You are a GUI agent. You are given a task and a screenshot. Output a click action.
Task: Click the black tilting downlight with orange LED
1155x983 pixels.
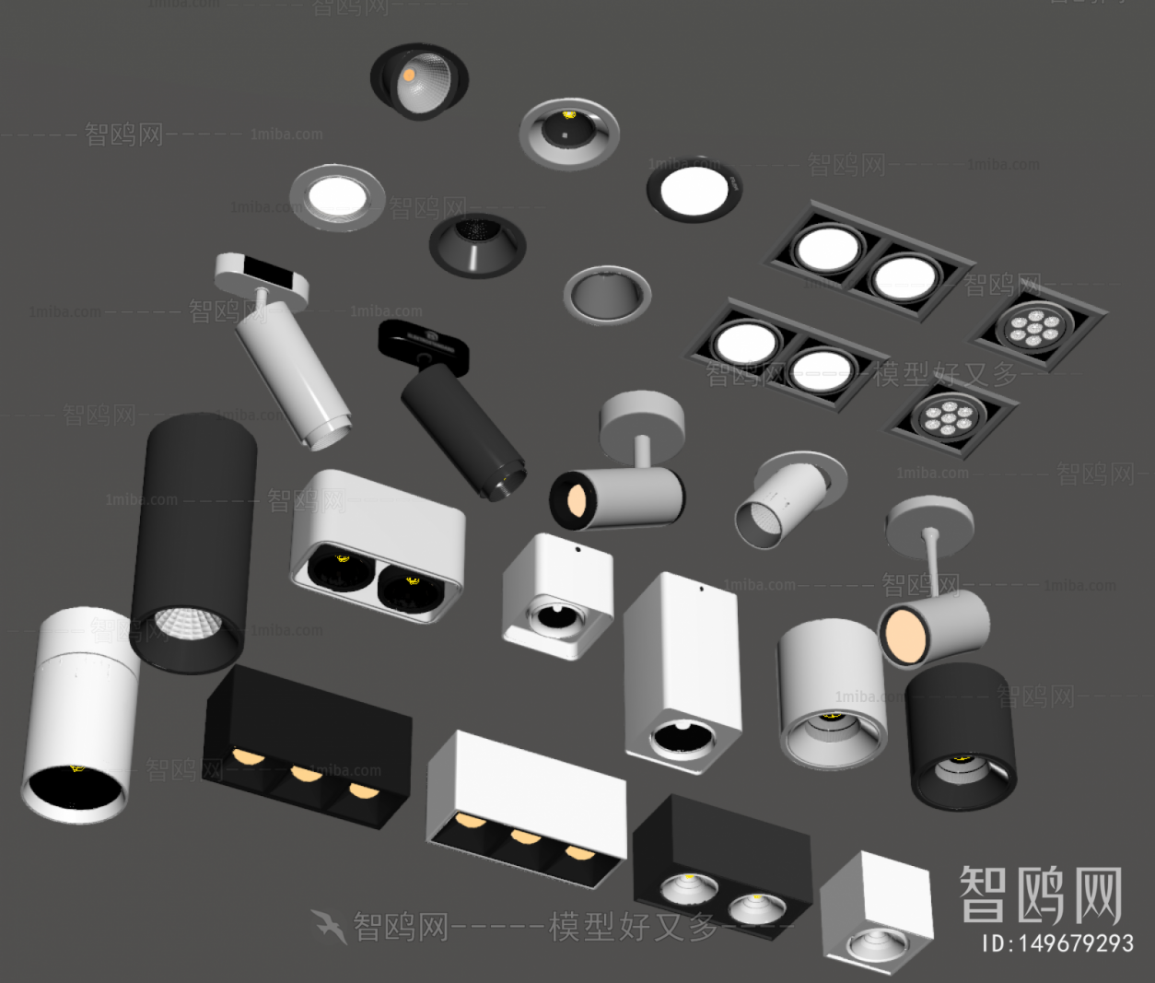pyautogui.click(x=419, y=80)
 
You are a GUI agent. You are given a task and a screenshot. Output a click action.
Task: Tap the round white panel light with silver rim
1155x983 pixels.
pyautogui.click(x=337, y=197)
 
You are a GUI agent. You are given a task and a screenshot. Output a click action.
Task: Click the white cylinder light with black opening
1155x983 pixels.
pyautogui.click(x=78, y=713)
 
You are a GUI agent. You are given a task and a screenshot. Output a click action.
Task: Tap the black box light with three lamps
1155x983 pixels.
pyautogui.click(x=306, y=746)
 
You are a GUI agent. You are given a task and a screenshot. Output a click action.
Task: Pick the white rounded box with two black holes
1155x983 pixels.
pyautogui.click(x=378, y=544)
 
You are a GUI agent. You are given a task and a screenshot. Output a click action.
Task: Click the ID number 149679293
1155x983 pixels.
pyautogui.click(x=1057, y=943)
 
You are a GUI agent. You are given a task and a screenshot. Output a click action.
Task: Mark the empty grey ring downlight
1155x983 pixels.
pyautogui.click(x=607, y=294)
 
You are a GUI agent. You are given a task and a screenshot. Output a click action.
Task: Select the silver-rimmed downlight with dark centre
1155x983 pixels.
pyautogui.click(x=568, y=133)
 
